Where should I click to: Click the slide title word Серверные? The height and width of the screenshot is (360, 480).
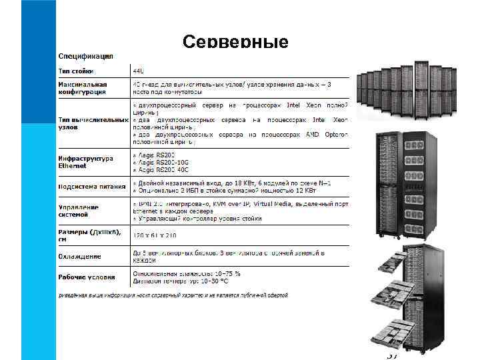pyautogui.click(x=235, y=43)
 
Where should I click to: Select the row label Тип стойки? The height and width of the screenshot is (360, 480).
pyautogui.click(x=77, y=70)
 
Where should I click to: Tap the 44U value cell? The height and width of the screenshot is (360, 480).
pyautogui.click(x=138, y=70)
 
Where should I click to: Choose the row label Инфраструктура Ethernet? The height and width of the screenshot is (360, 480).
pyautogui.click(x=86, y=162)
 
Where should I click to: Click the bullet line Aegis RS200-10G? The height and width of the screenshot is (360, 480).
pyautogui.click(x=160, y=162)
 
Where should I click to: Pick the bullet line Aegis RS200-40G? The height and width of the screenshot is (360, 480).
pyautogui.click(x=160, y=170)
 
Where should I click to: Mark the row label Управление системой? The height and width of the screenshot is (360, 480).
pyautogui.click(x=79, y=211)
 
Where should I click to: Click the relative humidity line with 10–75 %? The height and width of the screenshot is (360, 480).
pyautogui.click(x=187, y=273)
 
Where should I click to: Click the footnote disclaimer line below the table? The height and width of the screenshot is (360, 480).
pyautogui.click(x=173, y=294)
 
